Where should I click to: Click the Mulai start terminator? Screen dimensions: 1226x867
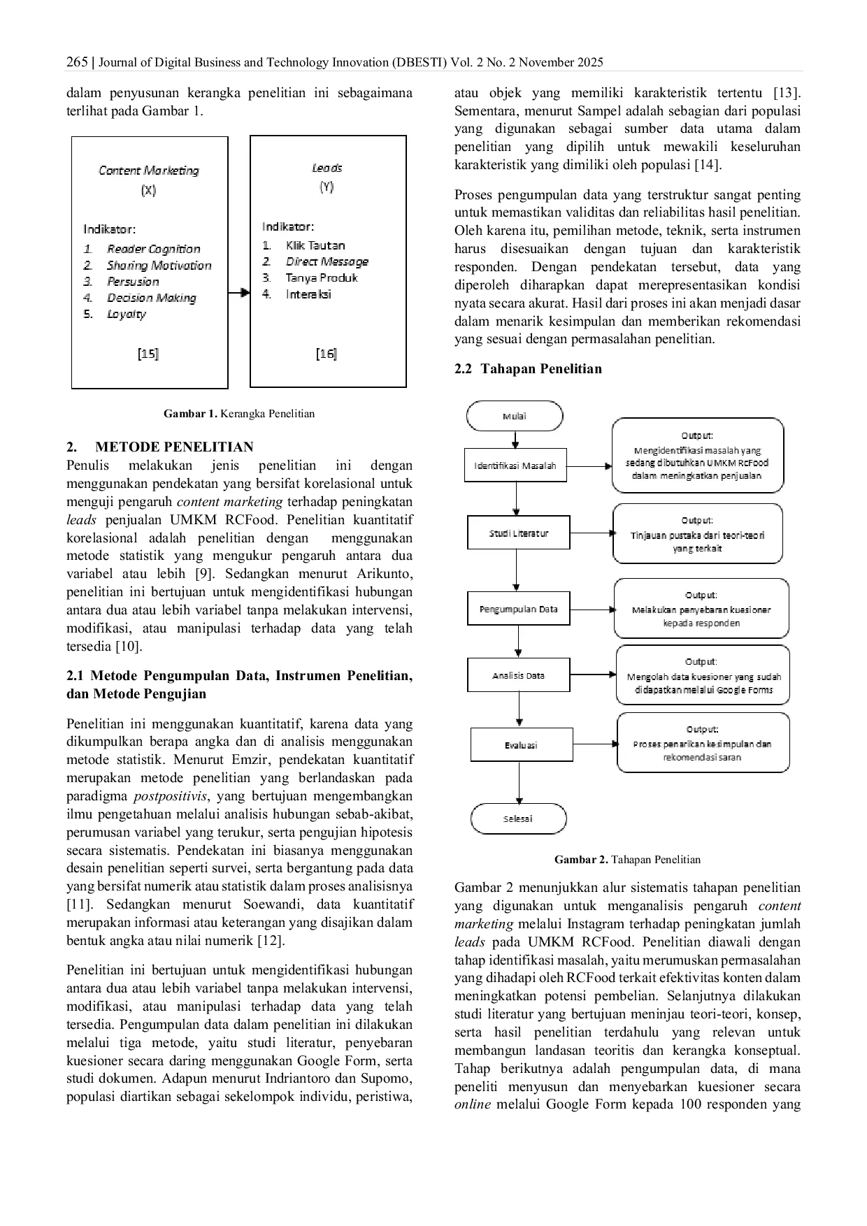pos(515,417)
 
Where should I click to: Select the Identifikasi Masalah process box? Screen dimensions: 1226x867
pos(515,466)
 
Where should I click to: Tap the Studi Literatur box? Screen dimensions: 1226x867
pos(518,533)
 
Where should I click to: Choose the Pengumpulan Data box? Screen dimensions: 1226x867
pos(518,609)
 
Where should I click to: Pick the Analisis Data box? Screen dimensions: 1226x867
pos(518,675)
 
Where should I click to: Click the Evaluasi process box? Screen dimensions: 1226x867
pos(521,745)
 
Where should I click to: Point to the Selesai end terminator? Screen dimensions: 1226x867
pos(518,818)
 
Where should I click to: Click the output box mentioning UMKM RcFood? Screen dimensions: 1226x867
pos(697,456)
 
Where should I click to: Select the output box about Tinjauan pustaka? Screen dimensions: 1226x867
pos(697,534)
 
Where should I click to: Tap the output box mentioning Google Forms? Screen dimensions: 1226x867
pos(703,675)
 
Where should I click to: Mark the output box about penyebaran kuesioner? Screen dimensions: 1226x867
pos(701,609)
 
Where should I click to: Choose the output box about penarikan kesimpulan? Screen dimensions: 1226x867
pos(703,742)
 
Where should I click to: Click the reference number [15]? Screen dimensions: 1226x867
pos(148,354)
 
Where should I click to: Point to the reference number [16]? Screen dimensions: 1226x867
pos(327,354)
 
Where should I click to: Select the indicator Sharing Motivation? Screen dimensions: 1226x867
pos(159,266)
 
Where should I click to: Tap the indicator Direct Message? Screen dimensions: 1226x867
pos(327,261)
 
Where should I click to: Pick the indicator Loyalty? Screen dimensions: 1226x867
pos(127,314)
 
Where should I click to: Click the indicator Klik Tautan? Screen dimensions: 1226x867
pos(315,245)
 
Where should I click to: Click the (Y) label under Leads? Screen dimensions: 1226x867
pos(327,187)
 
